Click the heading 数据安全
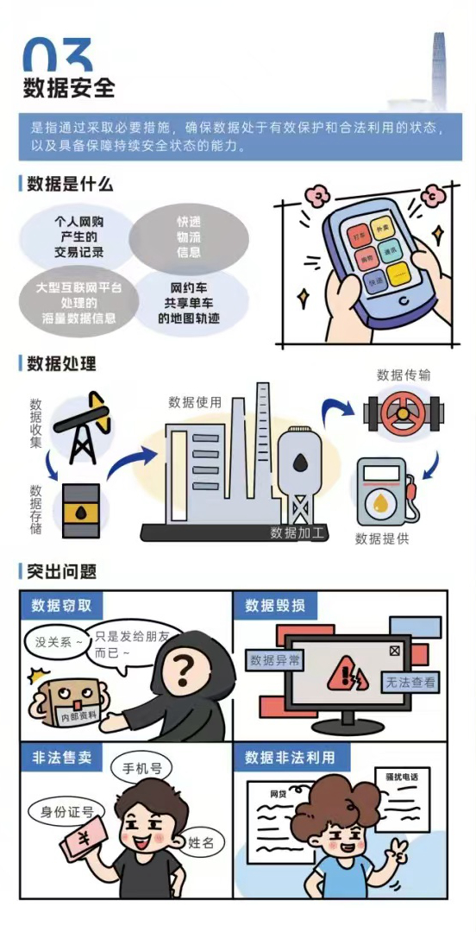point(68,87)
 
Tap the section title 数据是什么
point(69,184)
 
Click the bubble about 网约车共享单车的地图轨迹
point(189,302)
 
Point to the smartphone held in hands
point(377,260)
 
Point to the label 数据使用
point(194,402)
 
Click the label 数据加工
point(298,532)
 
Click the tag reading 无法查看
point(410,683)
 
